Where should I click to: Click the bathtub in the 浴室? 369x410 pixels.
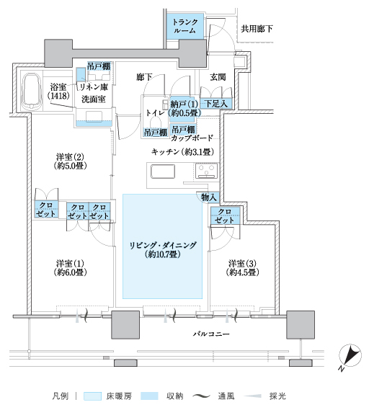click(32, 92)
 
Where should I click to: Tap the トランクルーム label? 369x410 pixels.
click(185, 26)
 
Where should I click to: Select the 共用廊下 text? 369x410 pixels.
click(257, 29)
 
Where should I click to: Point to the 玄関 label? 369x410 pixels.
click(218, 77)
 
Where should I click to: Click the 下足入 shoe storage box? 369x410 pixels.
click(216, 104)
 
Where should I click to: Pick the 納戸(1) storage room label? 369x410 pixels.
click(184, 109)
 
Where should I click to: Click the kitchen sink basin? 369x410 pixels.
click(163, 171)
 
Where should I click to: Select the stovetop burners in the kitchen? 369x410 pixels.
click(207, 171)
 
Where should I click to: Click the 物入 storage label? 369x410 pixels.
click(209, 197)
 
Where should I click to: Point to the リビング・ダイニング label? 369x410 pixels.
click(163, 250)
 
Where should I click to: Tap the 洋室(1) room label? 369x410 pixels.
click(71, 268)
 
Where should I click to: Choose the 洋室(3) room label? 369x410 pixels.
click(243, 268)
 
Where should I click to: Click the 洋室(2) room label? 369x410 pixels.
click(70, 161)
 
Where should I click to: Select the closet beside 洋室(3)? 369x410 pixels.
click(225, 215)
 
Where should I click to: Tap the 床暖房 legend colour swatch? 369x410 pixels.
click(92, 396)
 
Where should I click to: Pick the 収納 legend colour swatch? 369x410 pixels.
click(149, 396)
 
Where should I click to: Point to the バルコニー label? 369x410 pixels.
click(211, 334)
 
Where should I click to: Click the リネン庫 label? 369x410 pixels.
click(94, 86)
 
